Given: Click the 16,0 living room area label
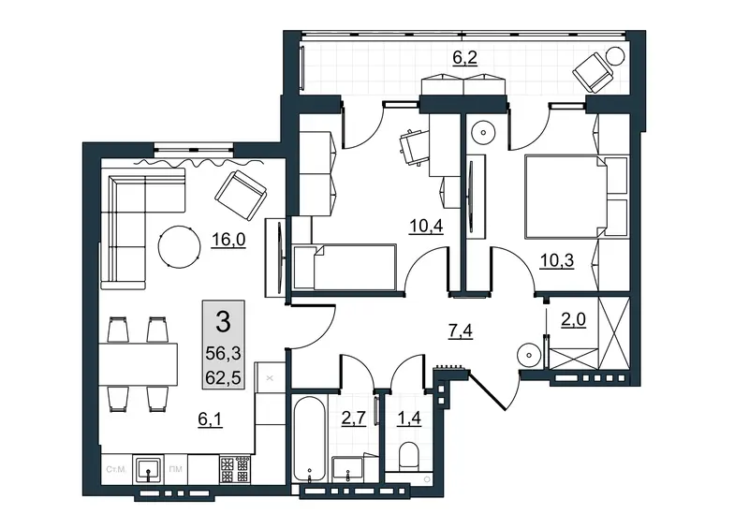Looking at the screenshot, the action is coord(228,239).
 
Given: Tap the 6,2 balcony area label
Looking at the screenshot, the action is coord(464,58).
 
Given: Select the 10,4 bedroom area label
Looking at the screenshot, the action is coord(426,226).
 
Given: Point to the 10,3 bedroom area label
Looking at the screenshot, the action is coord(556,261).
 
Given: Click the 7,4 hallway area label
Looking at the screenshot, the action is coord(460,331).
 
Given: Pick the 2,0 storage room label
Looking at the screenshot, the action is coord(573,319).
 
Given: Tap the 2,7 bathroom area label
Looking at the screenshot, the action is coord(354,418).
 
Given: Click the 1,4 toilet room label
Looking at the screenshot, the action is coord(409,418).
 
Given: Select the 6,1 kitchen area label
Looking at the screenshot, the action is coord(210,419).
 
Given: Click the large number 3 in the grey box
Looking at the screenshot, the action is coord(223,321).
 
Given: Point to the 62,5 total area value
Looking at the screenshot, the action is coord(223,378).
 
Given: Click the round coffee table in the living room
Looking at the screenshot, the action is coord(179,246).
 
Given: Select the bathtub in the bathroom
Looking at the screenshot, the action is coord(310,439).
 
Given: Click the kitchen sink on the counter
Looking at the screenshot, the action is coord(149,470).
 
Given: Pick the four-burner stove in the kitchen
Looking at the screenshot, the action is coord(236,469).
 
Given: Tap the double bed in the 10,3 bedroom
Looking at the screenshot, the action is coord(566,197).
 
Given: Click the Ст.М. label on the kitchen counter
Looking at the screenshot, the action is coord(116,469).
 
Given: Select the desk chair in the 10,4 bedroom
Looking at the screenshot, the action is coord(412,147).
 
